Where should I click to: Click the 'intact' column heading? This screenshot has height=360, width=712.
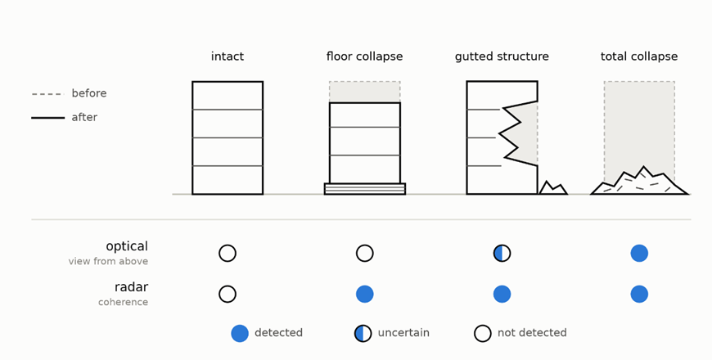(x=228, y=56)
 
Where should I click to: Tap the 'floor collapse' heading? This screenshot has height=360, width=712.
(x=365, y=56)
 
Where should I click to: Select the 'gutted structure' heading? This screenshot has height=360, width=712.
(x=502, y=56)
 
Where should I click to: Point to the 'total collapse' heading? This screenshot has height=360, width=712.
(x=639, y=56)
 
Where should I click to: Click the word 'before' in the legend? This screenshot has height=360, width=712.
(x=89, y=93)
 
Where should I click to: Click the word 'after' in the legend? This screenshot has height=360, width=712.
(x=84, y=117)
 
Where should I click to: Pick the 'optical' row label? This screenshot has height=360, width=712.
(x=127, y=246)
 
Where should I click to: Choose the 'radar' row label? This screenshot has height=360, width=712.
(x=131, y=287)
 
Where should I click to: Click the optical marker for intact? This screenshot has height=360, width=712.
(x=228, y=254)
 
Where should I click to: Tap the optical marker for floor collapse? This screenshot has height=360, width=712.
(x=365, y=254)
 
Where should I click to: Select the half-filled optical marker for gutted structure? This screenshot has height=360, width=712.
(x=502, y=254)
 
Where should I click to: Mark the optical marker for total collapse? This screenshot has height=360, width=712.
(x=639, y=254)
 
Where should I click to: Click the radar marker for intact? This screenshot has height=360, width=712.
(x=228, y=295)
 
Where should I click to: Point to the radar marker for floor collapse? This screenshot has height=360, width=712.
(x=365, y=295)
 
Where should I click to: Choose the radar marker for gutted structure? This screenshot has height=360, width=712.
(x=502, y=295)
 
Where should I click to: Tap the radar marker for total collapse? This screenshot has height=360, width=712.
(x=639, y=295)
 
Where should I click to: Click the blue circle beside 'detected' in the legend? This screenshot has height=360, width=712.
(x=240, y=333)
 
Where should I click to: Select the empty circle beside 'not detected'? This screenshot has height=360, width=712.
(x=483, y=333)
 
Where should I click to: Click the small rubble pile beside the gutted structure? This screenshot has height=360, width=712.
(x=553, y=188)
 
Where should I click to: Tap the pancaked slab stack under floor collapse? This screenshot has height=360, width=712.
(x=365, y=189)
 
